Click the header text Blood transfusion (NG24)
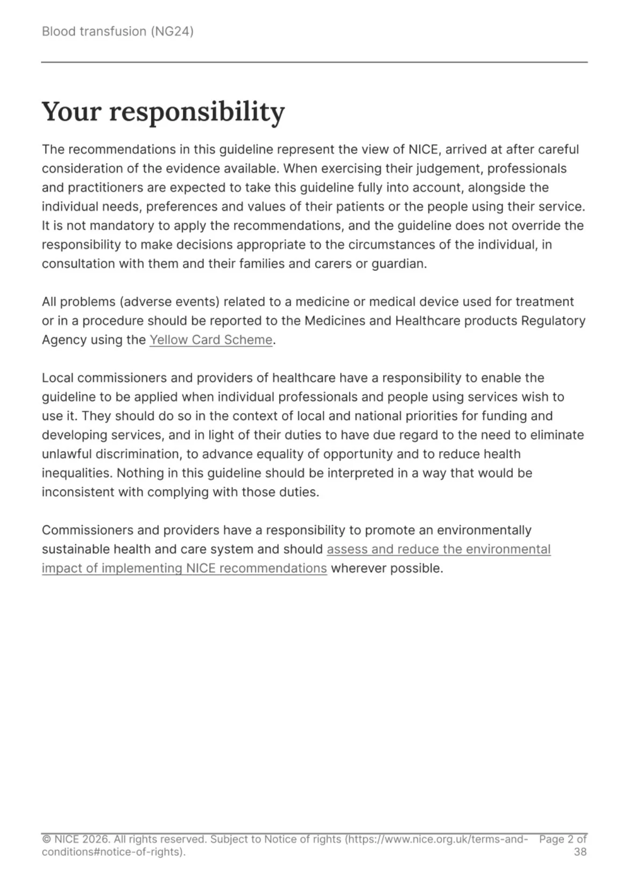pos(117,31)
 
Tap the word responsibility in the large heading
pos(197,112)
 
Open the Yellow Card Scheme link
pos(210,340)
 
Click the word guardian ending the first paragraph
pos(398,264)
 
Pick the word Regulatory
pos(554,321)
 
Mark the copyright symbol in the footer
pos(46,840)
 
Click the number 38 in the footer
pos(580,852)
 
